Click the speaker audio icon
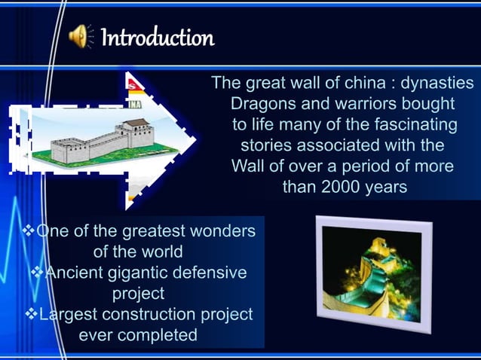79,36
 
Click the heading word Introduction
157,36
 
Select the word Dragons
262,102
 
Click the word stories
266,144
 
